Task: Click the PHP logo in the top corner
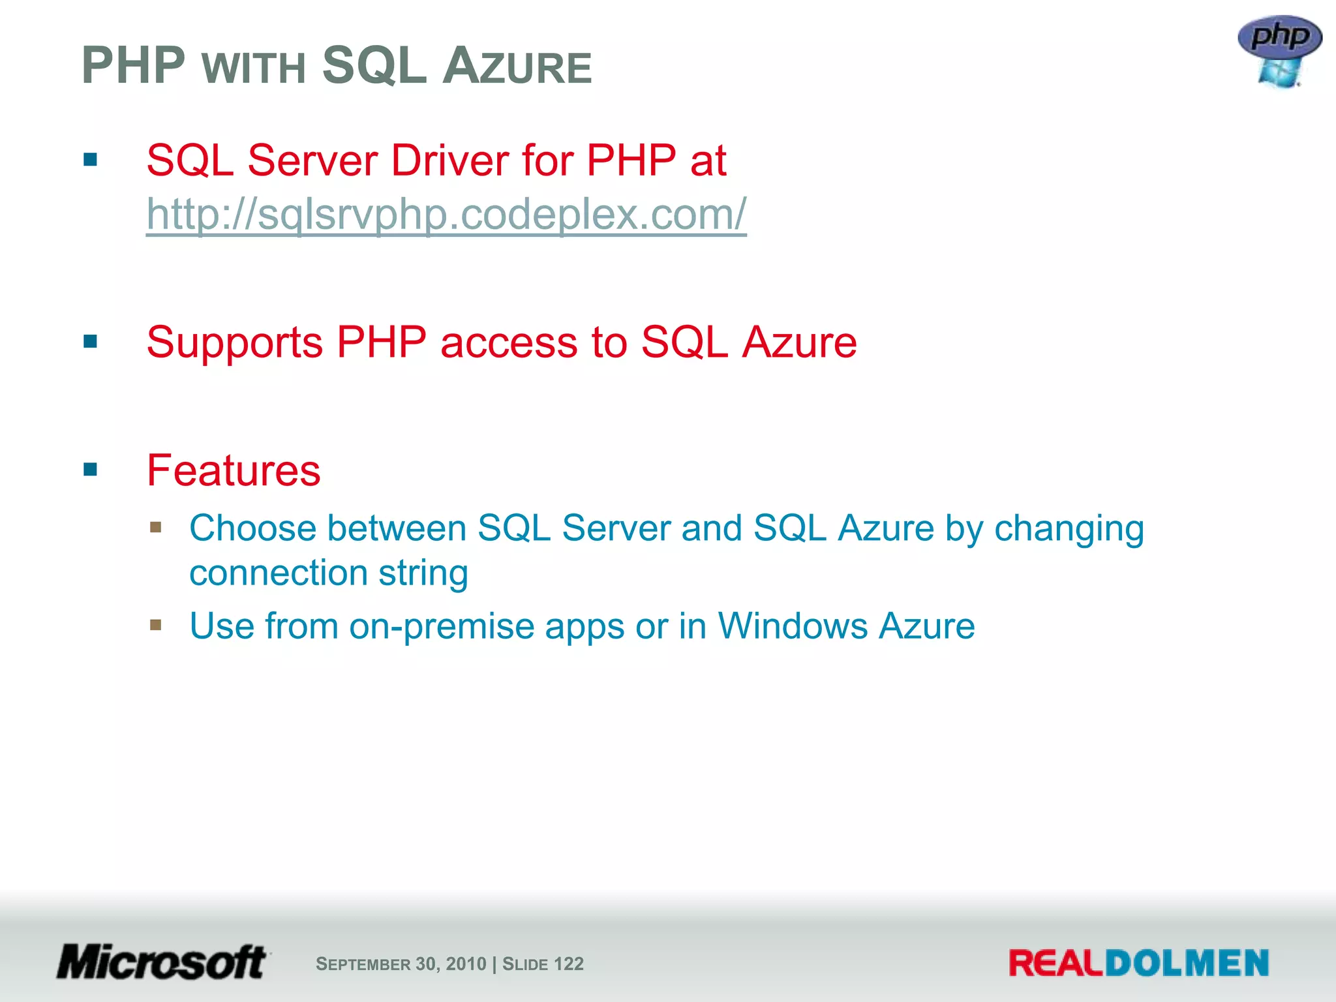click(1279, 51)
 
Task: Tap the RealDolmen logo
click(1138, 964)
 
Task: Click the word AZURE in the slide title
click(517, 66)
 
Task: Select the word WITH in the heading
click(254, 68)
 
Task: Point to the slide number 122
click(568, 964)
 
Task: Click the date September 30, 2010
click(401, 964)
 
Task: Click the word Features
click(234, 470)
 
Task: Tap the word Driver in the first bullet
click(449, 160)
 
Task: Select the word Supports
click(234, 342)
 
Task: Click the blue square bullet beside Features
click(90, 469)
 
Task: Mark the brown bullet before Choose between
click(155, 526)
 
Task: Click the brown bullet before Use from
click(155, 625)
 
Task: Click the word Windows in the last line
click(792, 626)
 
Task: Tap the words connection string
click(329, 573)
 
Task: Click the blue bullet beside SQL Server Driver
click(90, 160)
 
